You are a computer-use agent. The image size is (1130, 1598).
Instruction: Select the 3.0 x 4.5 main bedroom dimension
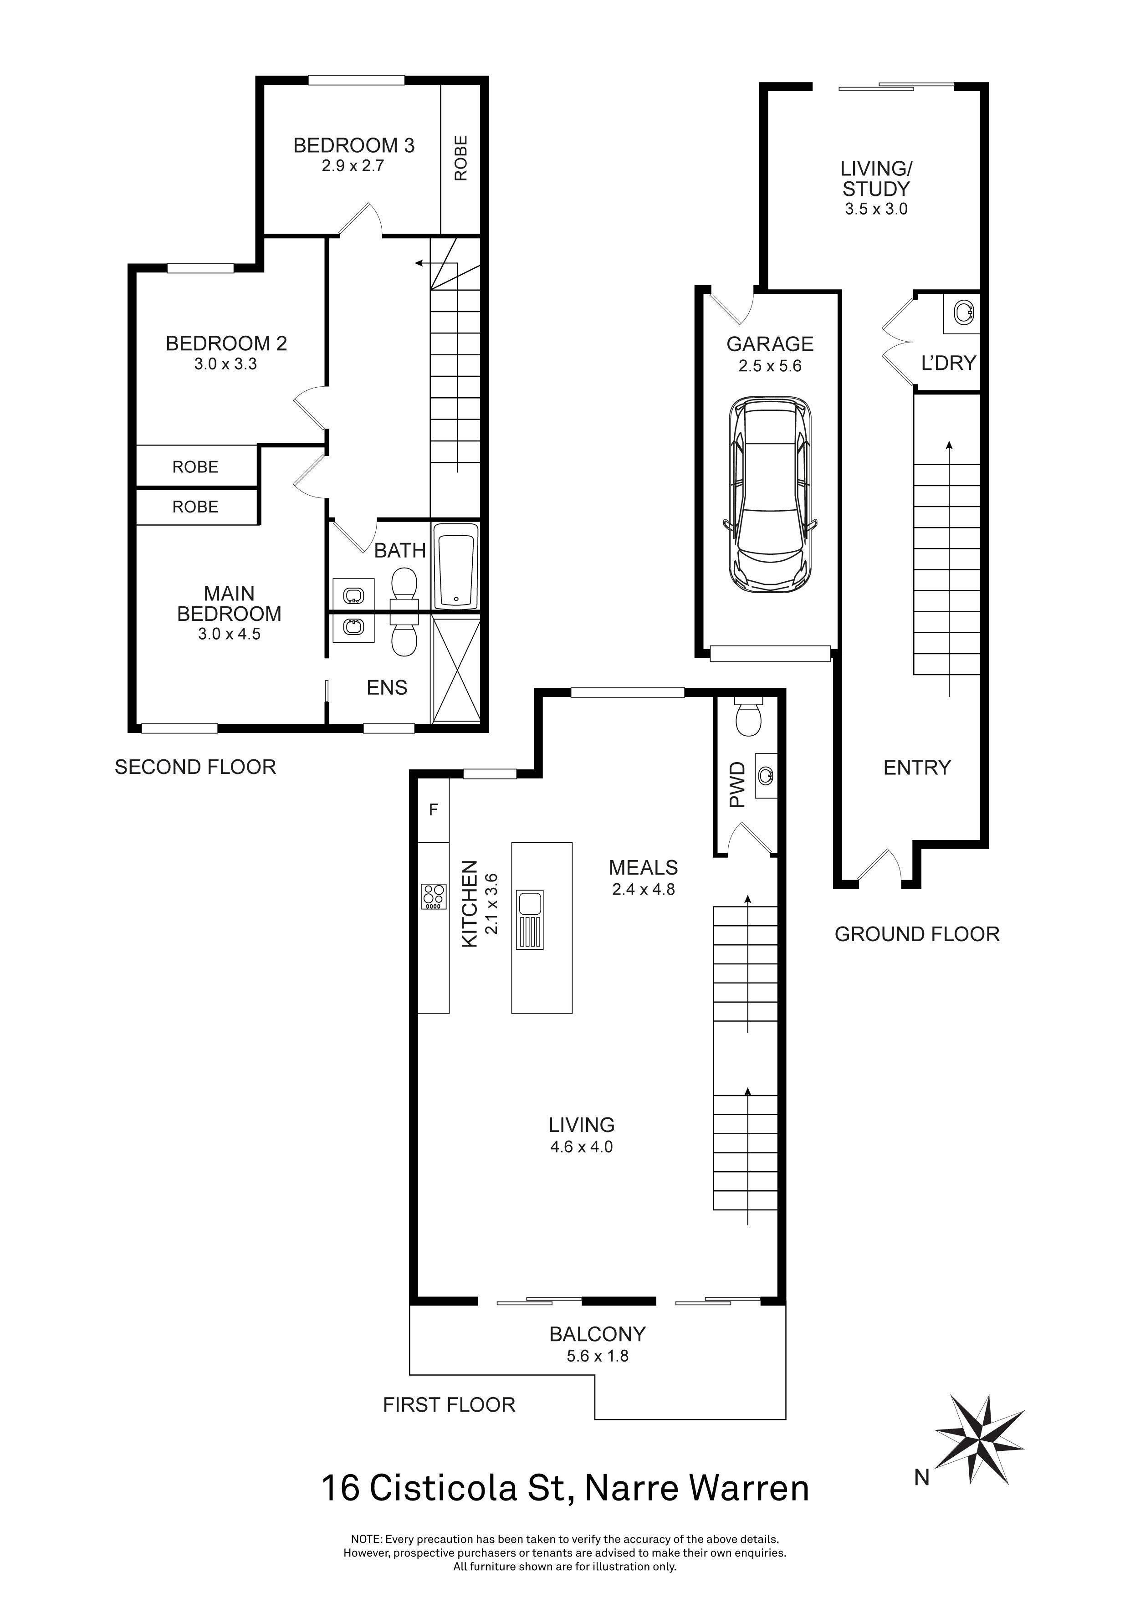tap(229, 634)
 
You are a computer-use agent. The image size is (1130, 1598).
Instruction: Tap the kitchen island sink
tap(530, 919)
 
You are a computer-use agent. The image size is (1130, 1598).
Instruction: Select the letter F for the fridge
tap(434, 809)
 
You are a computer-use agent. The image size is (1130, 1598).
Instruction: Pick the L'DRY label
tap(948, 363)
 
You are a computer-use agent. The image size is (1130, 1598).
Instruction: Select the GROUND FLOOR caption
tap(917, 934)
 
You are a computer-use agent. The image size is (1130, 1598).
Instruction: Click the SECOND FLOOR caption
tap(195, 767)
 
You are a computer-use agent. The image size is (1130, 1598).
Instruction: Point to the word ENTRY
tap(917, 768)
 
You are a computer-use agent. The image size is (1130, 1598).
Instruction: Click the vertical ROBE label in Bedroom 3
tap(460, 158)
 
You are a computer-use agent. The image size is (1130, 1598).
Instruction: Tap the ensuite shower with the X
tap(456, 670)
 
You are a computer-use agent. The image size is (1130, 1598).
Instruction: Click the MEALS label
tap(644, 867)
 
